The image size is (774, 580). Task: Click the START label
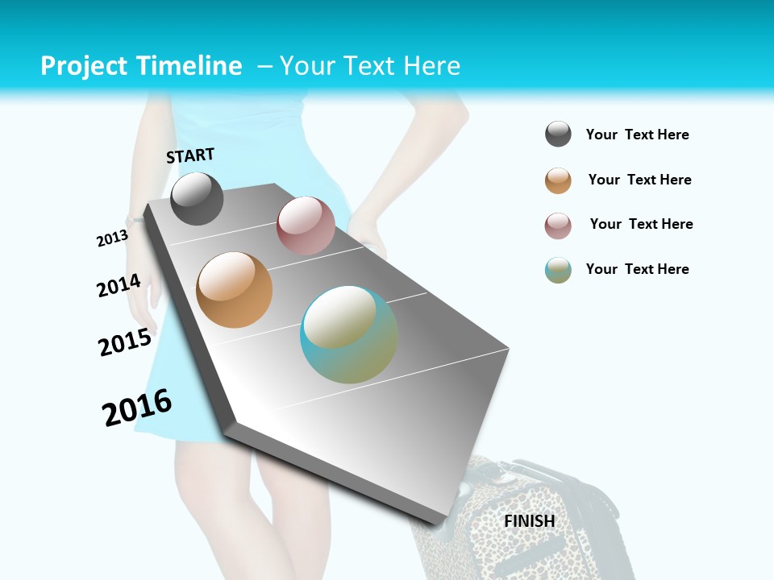pos(190,155)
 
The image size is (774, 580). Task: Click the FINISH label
pos(530,521)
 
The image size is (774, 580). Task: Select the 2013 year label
pos(112,238)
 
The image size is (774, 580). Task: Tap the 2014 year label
pos(119,286)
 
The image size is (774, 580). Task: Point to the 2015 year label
pos(125,342)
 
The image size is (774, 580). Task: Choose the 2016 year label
pos(137,407)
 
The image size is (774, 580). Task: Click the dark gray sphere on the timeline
pos(197,198)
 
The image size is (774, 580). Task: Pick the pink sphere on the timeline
pos(306,226)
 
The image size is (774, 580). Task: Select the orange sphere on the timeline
pos(234,290)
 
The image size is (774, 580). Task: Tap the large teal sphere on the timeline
pos(349,334)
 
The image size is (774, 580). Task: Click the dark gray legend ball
pos(558,135)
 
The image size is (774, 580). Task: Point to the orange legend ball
pos(558,180)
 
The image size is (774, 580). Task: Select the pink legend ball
pos(558,226)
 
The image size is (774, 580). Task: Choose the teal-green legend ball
pos(558,270)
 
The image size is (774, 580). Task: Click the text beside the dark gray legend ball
pos(637,135)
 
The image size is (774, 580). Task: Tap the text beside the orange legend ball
pos(639,180)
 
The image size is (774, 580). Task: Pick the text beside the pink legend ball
pos(641,224)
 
